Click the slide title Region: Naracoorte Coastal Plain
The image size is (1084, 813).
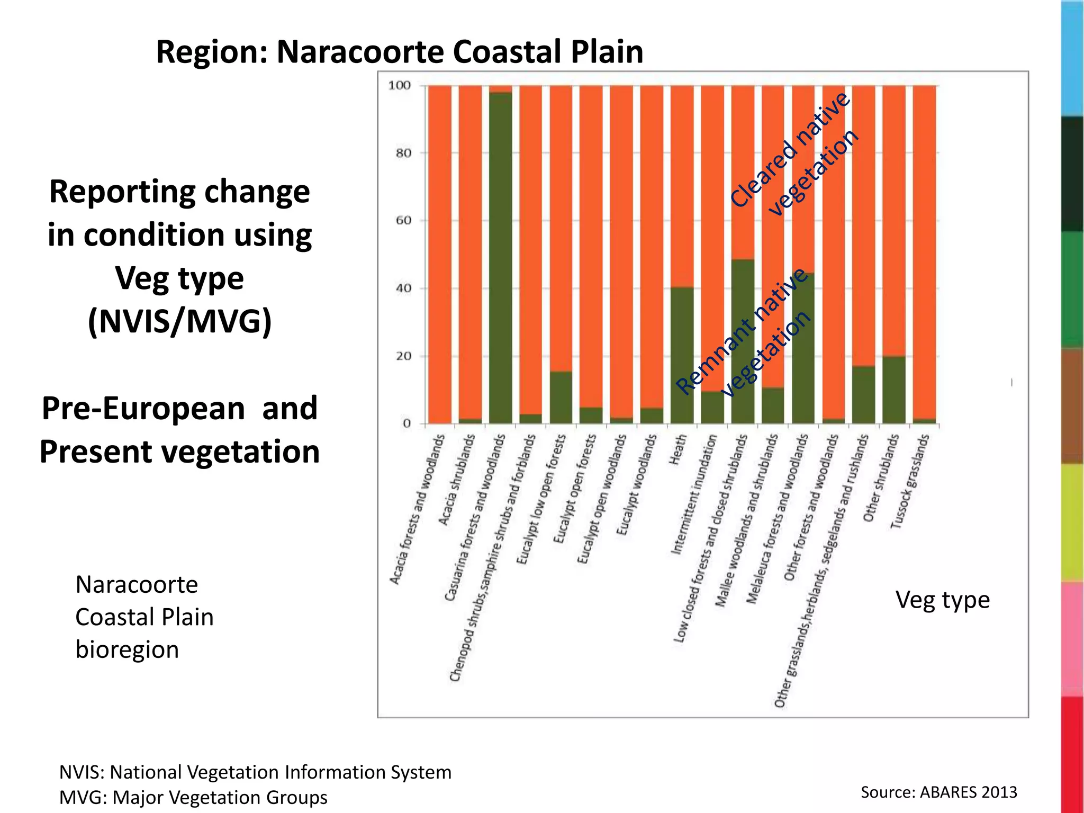click(400, 52)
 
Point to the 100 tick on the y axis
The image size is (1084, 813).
click(400, 85)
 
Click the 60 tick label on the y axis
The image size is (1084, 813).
click(403, 220)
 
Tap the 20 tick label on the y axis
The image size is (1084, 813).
click(403, 356)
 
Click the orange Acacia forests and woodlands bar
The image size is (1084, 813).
click(439, 254)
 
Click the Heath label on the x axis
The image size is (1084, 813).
click(678, 450)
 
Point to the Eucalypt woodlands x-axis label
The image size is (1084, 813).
click(637, 484)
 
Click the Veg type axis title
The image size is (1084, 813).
click(942, 600)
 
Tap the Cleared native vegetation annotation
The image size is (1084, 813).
click(794, 153)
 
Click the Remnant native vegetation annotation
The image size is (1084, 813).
click(744, 333)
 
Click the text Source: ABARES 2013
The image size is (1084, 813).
click(938, 792)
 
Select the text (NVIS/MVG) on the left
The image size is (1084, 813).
click(179, 321)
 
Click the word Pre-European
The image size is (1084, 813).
click(143, 409)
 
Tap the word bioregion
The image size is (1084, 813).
click(127, 649)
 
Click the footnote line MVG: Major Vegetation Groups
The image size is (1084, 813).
click(193, 797)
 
